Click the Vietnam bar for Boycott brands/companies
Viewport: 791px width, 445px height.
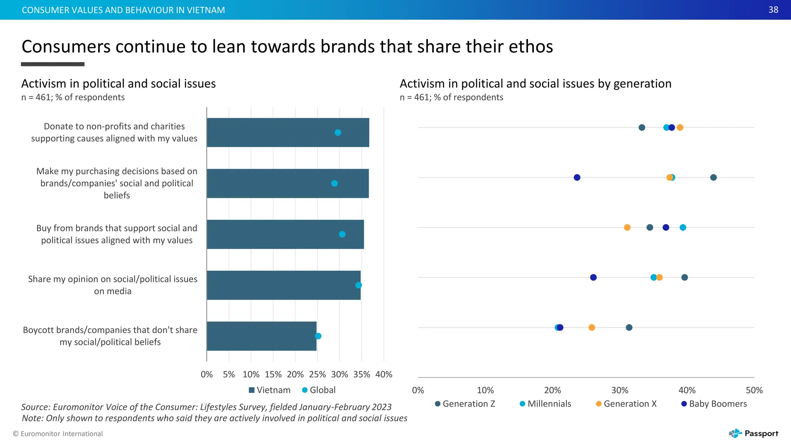[261, 336]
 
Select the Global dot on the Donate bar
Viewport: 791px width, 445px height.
[338, 132]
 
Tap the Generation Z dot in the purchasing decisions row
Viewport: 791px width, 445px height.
[713, 177]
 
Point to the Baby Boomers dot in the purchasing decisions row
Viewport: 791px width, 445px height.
[577, 177]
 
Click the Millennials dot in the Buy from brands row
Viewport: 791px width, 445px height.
[683, 228]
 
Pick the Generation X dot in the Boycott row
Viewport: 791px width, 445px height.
[592, 328]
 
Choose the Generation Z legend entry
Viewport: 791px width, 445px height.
[465, 404]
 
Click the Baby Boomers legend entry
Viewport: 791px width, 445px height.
[714, 404]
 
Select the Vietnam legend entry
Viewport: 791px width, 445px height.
[269, 390]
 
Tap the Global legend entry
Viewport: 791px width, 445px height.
[319, 390]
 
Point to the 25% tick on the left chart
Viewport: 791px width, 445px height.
[317, 374]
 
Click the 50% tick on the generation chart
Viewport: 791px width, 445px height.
[754, 390]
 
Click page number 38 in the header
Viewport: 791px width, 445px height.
[773, 10]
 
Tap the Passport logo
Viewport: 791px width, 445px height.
[754, 433]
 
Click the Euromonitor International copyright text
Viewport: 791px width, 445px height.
[58, 434]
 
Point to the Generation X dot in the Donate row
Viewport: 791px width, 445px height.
[680, 127]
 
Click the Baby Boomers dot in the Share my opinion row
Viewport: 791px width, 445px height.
[593, 277]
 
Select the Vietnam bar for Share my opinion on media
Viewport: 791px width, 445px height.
[283, 285]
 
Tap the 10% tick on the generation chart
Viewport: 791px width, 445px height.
[485, 390]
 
